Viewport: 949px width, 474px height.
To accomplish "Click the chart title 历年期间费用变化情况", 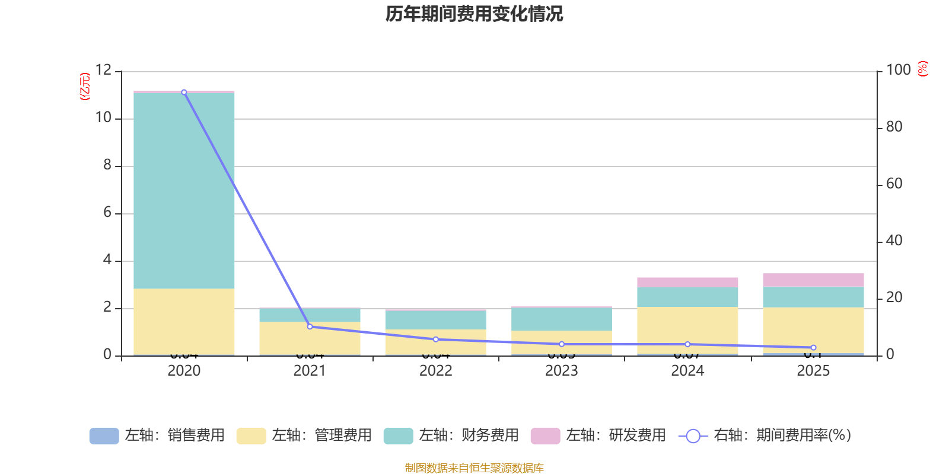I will (x=474, y=14).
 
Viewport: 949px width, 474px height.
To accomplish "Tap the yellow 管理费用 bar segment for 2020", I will (x=184, y=322).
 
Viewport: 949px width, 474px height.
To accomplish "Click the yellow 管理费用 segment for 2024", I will (x=687, y=330).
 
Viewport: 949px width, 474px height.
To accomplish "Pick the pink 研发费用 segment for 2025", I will (x=813, y=280).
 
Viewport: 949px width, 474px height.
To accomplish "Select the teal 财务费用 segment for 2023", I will (x=562, y=319).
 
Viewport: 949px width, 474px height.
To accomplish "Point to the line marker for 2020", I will (x=184, y=92).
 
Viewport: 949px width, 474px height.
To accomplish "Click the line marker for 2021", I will (x=310, y=326).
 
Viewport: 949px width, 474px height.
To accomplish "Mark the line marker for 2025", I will (x=813, y=348).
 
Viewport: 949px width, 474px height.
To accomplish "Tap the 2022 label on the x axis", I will (x=436, y=371).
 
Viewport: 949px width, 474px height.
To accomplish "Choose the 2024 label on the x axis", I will (x=687, y=371).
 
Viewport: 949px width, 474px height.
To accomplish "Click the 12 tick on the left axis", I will (x=103, y=71).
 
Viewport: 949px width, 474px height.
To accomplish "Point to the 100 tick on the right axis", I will (x=898, y=71).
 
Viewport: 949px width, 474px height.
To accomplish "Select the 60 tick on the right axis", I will (x=894, y=184).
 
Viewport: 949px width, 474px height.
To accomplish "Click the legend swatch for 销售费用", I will (x=104, y=436).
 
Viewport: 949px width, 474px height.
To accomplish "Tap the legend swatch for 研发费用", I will (x=545, y=436).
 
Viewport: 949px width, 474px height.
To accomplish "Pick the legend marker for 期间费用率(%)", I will (x=693, y=436).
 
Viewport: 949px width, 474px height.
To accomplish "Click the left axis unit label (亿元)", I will (x=85, y=87).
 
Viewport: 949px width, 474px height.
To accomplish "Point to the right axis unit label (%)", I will (x=922, y=69).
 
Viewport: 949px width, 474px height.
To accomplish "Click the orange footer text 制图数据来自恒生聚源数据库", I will (x=474, y=468).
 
